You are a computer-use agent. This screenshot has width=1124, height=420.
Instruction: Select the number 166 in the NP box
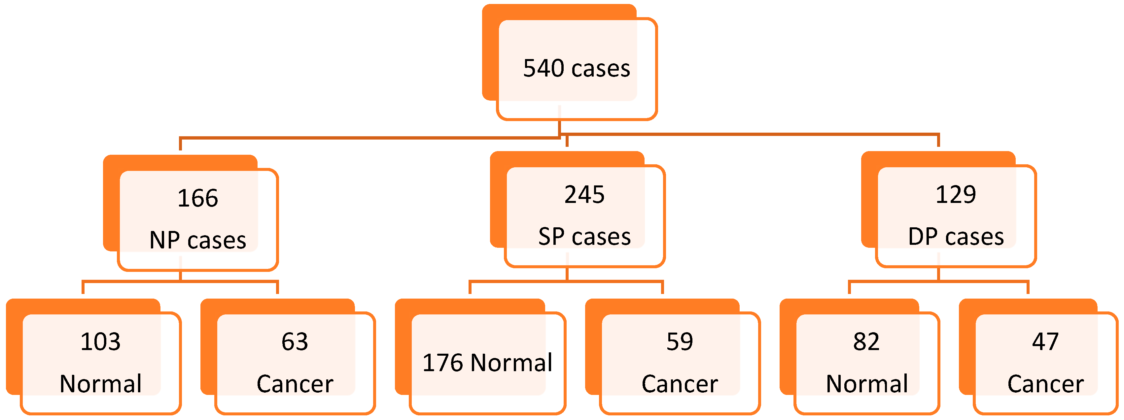(x=198, y=198)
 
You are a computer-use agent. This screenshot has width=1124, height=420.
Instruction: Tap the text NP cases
(x=198, y=240)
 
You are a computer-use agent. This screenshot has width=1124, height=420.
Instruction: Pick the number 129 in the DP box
(x=956, y=195)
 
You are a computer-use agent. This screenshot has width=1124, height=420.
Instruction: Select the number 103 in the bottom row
(x=100, y=341)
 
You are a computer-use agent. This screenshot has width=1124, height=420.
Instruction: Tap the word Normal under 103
(x=100, y=384)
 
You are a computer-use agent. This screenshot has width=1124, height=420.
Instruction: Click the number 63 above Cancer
(x=295, y=341)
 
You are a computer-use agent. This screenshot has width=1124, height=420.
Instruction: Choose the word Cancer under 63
(x=295, y=384)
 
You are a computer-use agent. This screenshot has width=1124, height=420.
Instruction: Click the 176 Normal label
(x=487, y=363)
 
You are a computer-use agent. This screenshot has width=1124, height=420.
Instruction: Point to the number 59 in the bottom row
(x=679, y=341)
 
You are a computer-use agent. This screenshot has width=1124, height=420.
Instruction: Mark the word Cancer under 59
(x=679, y=384)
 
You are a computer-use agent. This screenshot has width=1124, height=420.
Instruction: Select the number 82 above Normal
(x=866, y=341)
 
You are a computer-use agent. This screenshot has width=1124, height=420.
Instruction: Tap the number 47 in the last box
(x=1045, y=341)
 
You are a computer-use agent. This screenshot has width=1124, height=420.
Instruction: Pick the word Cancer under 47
(x=1045, y=384)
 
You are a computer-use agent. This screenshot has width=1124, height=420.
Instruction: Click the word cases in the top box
(x=601, y=69)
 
